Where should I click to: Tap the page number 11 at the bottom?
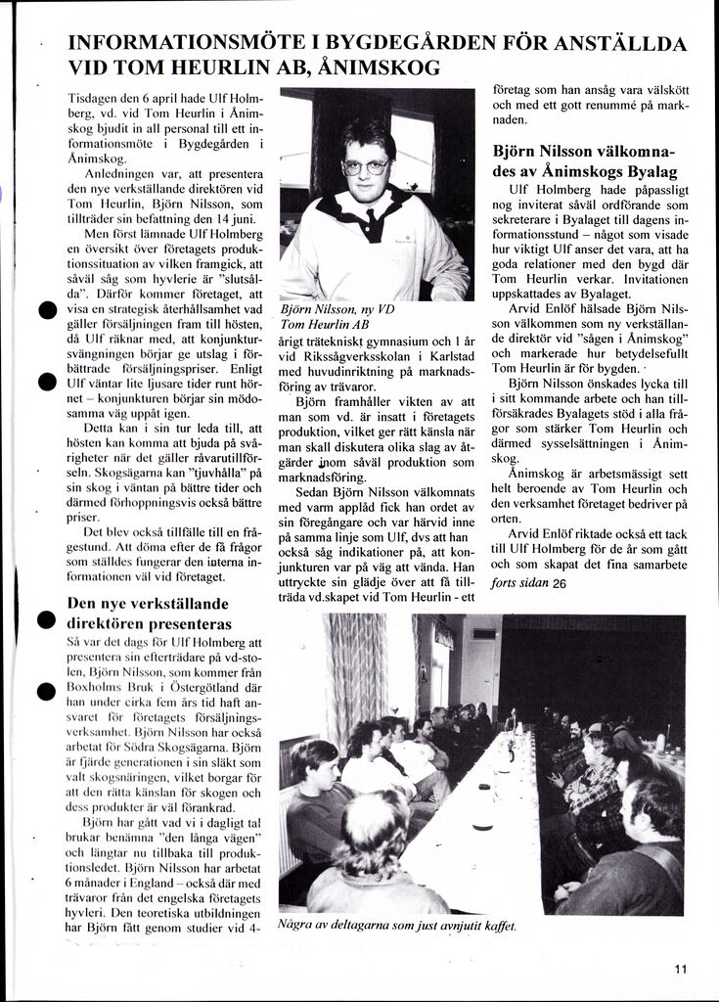[x=681, y=969]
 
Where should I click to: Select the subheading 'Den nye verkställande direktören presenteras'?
[x=149, y=613]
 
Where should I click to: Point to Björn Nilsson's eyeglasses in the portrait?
[x=365, y=167]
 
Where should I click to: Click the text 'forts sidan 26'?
[x=529, y=583]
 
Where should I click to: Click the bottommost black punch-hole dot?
[x=45, y=692]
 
